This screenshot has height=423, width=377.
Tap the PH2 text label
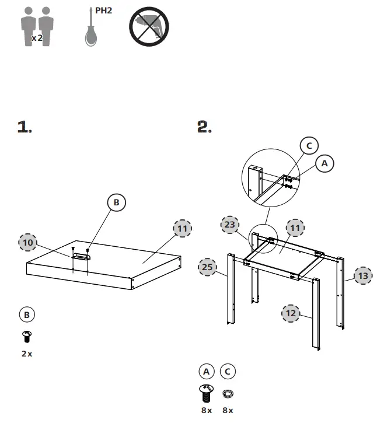(x=103, y=10)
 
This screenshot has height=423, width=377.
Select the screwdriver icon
(x=89, y=29)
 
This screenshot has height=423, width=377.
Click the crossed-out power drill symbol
(x=148, y=27)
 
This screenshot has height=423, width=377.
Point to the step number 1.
(x=24, y=127)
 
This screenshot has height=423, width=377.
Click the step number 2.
(x=204, y=127)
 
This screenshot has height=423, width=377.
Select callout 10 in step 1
(x=27, y=242)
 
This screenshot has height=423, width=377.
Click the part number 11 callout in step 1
(x=183, y=228)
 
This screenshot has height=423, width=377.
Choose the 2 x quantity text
(x=26, y=354)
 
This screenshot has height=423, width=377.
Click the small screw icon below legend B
(x=26, y=336)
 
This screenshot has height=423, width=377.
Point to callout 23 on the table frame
(x=230, y=223)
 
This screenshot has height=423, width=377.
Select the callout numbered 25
(x=207, y=267)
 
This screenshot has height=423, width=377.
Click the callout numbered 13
(x=363, y=275)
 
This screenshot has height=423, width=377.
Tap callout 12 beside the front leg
(x=291, y=313)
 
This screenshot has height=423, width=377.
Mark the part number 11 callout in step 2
(x=295, y=228)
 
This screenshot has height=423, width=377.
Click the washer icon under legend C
(x=228, y=393)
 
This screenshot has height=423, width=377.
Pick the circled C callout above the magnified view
(x=309, y=145)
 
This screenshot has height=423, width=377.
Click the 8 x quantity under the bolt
(x=206, y=410)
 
